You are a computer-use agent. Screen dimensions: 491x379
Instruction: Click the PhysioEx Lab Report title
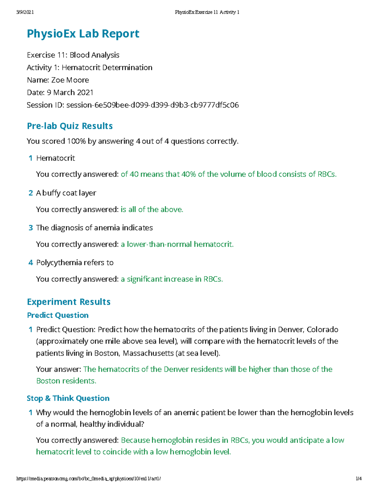tap(83, 34)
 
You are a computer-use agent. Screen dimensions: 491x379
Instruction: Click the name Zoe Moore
tap(70, 80)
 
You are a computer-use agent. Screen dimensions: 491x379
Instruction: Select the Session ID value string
tap(153, 105)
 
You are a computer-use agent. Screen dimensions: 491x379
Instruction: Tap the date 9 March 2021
tap(70, 93)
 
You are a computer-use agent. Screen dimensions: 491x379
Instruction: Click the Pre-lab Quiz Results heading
tap(70, 126)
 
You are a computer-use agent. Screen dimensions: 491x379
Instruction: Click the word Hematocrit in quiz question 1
tap(56, 158)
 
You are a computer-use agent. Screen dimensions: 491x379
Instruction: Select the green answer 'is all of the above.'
tap(152, 209)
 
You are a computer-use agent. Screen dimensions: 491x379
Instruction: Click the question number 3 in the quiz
tap(31, 228)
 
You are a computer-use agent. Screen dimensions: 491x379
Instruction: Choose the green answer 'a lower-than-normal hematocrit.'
tap(177, 244)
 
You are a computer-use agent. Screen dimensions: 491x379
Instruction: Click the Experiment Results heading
tap(69, 302)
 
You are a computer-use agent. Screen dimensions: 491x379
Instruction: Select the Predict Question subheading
tap(58, 315)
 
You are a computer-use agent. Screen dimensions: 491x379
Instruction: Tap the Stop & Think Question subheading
tap(68, 398)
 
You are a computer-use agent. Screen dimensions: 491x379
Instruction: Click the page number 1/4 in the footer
tap(358, 479)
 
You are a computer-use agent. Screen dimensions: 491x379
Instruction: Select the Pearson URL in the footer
tap(88, 479)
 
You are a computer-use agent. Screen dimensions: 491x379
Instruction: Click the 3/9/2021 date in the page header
tap(25, 12)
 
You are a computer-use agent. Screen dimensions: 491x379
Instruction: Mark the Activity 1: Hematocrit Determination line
tap(89, 68)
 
